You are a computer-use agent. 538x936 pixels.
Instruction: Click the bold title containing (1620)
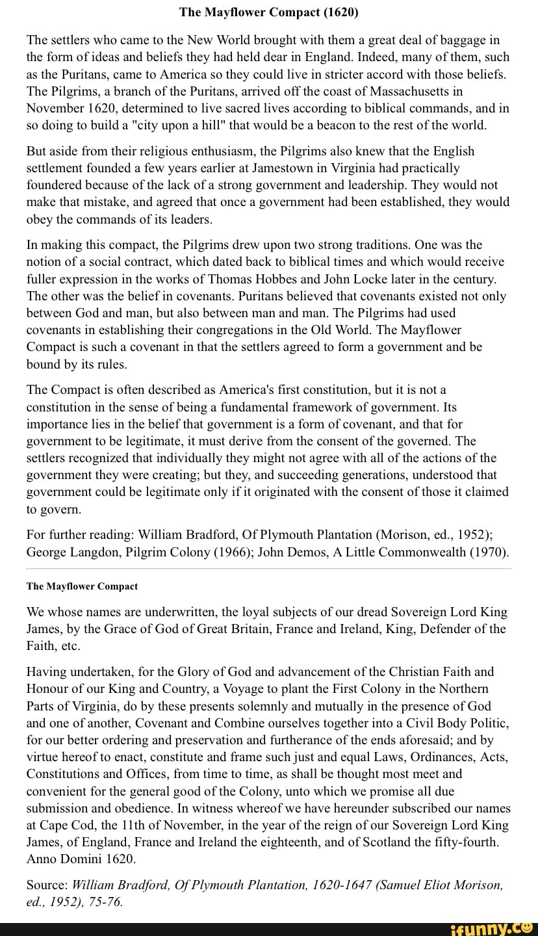pyautogui.click(x=268, y=12)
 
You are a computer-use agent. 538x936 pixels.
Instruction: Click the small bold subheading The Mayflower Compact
pyautogui.click(x=82, y=586)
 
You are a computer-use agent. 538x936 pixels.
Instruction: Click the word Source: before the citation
pyautogui.click(x=47, y=885)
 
